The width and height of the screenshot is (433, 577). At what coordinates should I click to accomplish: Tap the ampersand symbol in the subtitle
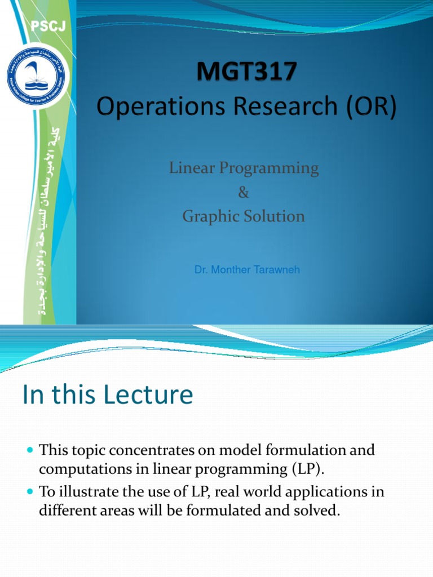point(244,193)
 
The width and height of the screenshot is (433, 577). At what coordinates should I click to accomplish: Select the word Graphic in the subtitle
point(207,216)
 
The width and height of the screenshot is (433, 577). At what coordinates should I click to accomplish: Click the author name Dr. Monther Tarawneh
point(247,270)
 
